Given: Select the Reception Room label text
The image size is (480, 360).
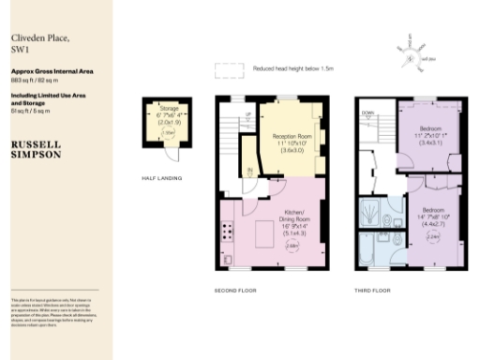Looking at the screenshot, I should [292, 136].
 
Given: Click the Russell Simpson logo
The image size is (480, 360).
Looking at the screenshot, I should [36, 150].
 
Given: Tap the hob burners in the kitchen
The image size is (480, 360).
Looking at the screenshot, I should [227, 232].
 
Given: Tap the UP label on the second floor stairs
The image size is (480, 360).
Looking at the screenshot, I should [247, 114].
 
